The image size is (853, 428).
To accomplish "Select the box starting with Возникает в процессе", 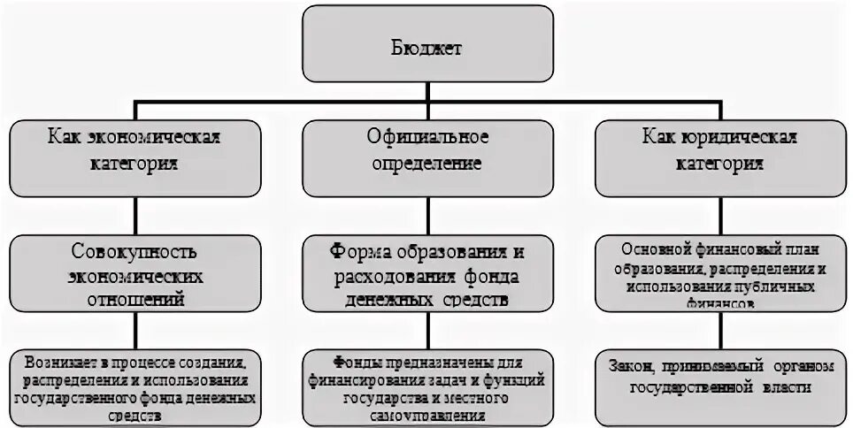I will point(134,386).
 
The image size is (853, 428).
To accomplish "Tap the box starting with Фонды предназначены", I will point(428,386).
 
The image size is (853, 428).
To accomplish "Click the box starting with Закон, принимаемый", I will point(719,386).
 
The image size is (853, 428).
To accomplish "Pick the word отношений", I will point(134,300).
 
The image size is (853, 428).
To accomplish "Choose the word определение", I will point(428,164).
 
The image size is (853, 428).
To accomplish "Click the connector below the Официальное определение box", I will point(428,216).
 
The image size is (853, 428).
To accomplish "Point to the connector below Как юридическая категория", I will point(719,216).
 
